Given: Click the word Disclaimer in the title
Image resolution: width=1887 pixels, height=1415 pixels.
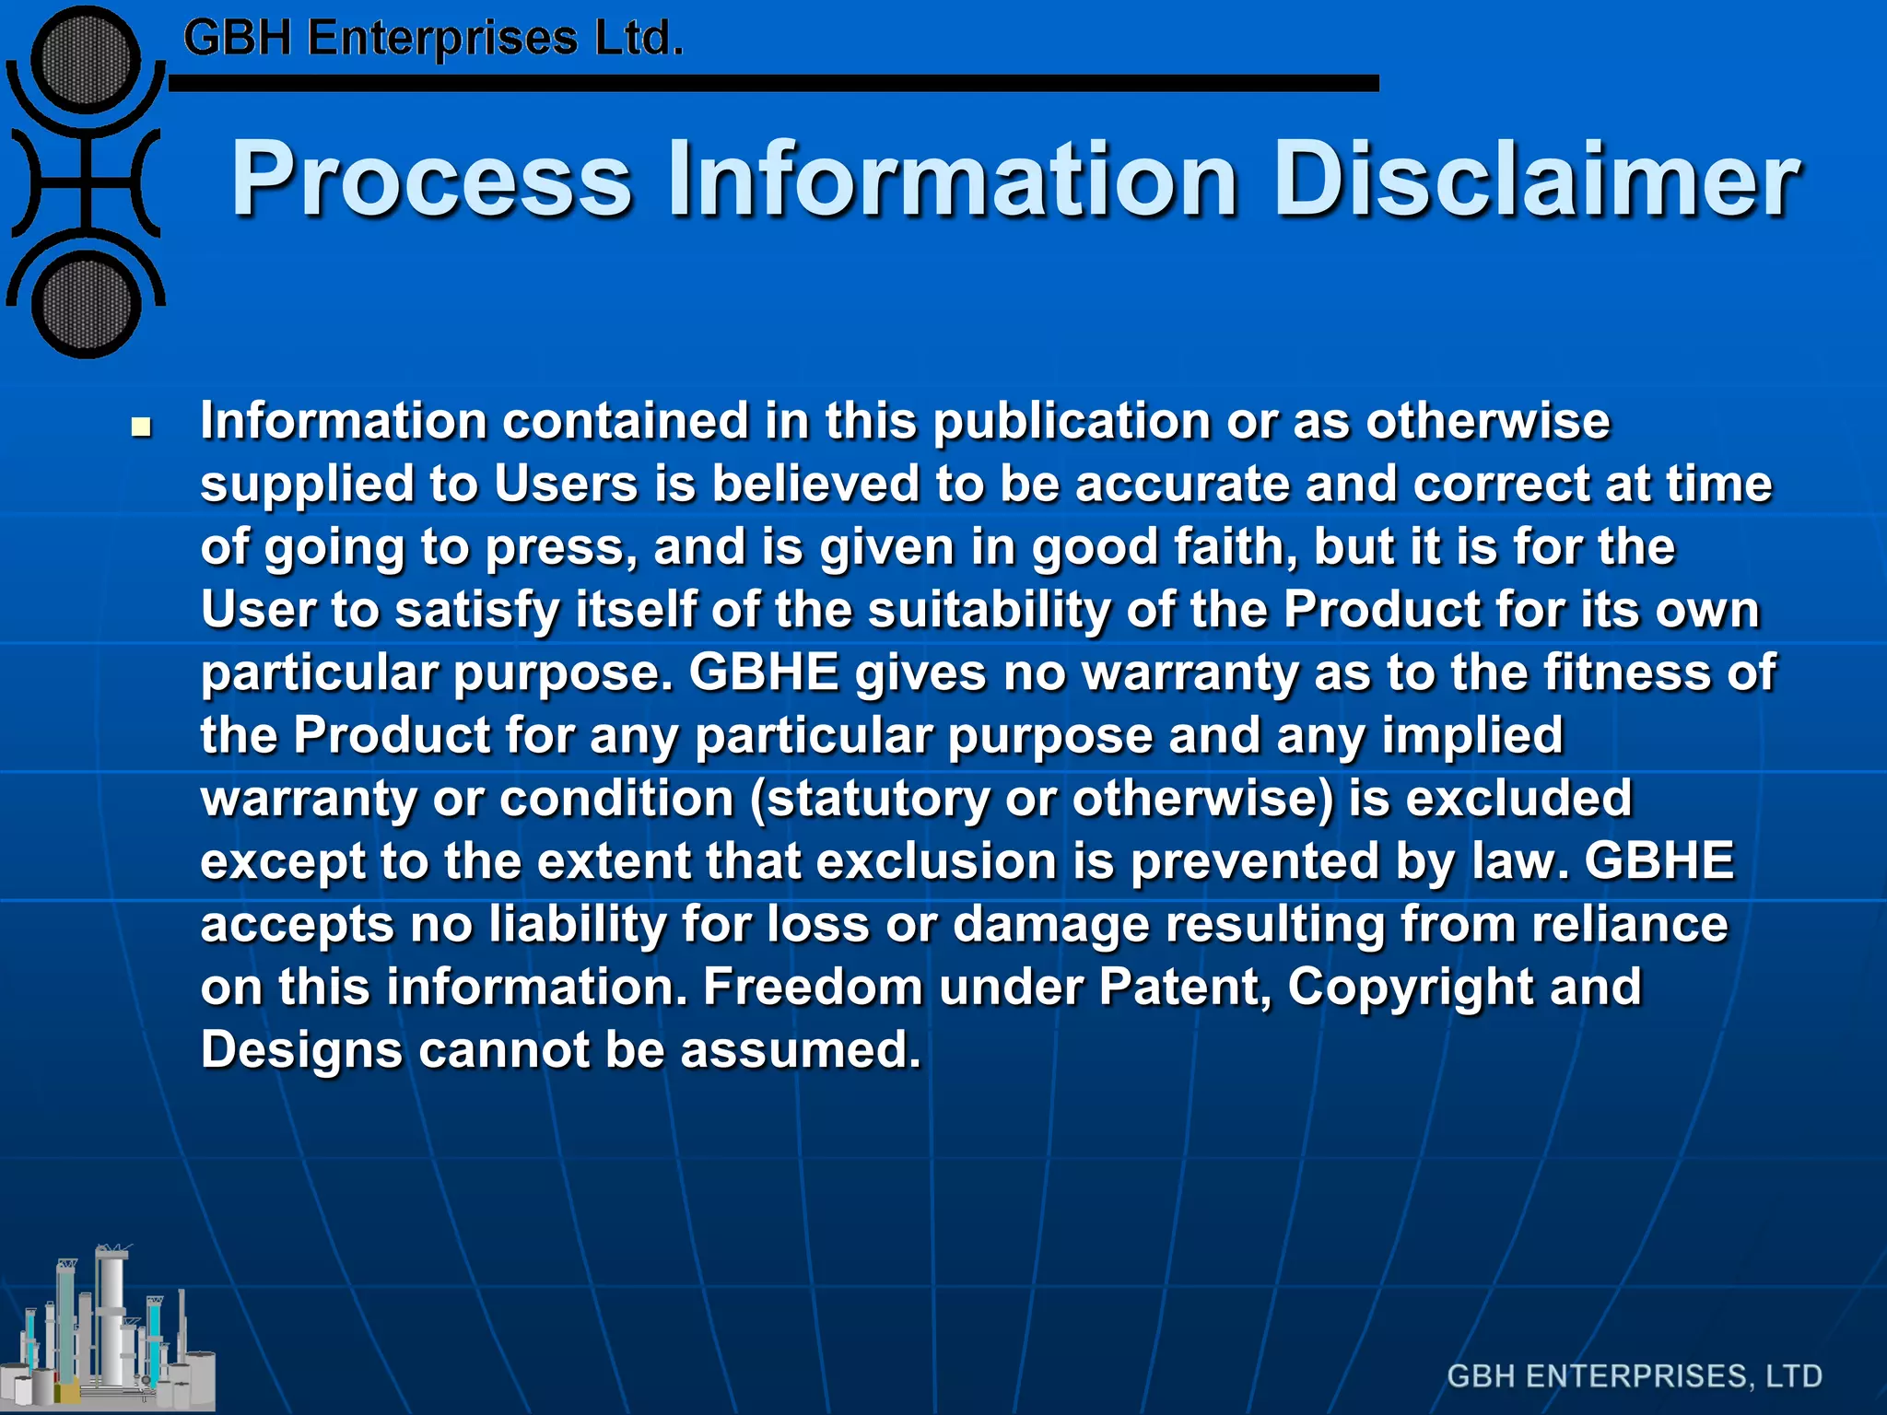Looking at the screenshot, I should coord(1535,180).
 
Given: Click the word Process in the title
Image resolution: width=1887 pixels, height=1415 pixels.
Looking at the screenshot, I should coord(431,180).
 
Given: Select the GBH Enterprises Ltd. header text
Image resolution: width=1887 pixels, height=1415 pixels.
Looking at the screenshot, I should coord(433,39).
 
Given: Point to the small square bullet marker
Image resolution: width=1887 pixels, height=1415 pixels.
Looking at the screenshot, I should coord(141,427).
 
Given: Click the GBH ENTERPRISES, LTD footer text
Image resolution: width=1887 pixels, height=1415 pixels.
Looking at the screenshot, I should coord(1635,1375).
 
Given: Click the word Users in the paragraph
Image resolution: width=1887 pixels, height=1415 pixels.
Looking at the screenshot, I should coord(566,484).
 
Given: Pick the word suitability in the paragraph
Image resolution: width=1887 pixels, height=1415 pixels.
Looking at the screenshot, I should coord(989,609).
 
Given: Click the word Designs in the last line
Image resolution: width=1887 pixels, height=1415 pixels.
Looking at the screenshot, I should coord(301,1050).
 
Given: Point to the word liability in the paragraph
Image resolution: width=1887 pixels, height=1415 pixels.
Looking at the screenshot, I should coord(577,924).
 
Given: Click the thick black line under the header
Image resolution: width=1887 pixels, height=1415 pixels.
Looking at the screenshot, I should coord(774,83).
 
